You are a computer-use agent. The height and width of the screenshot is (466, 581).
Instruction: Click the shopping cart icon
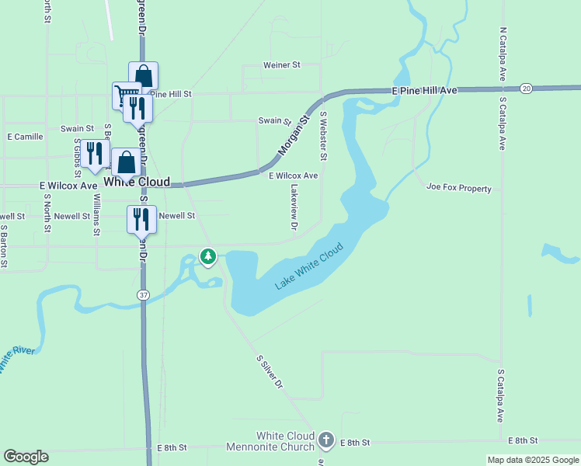pos(123,96)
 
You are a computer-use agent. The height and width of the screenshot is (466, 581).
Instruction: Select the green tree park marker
pos(207,256)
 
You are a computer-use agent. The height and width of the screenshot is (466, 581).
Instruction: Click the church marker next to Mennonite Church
pos(326,441)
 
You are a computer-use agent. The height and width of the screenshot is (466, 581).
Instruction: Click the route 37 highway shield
pos(144,295)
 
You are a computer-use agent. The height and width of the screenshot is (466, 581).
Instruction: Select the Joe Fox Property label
pos(459,188)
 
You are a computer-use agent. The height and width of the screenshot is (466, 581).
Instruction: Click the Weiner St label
pos(281,66)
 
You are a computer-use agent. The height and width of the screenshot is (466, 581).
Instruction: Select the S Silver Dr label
pos(270,372)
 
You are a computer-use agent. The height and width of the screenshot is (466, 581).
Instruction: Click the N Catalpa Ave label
pos(503,57)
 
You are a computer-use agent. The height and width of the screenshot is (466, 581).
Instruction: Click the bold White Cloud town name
pos(136,182)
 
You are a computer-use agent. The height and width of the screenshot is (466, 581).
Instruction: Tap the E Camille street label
pos(25,137)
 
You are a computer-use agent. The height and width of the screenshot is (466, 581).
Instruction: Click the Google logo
pos(26,457)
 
